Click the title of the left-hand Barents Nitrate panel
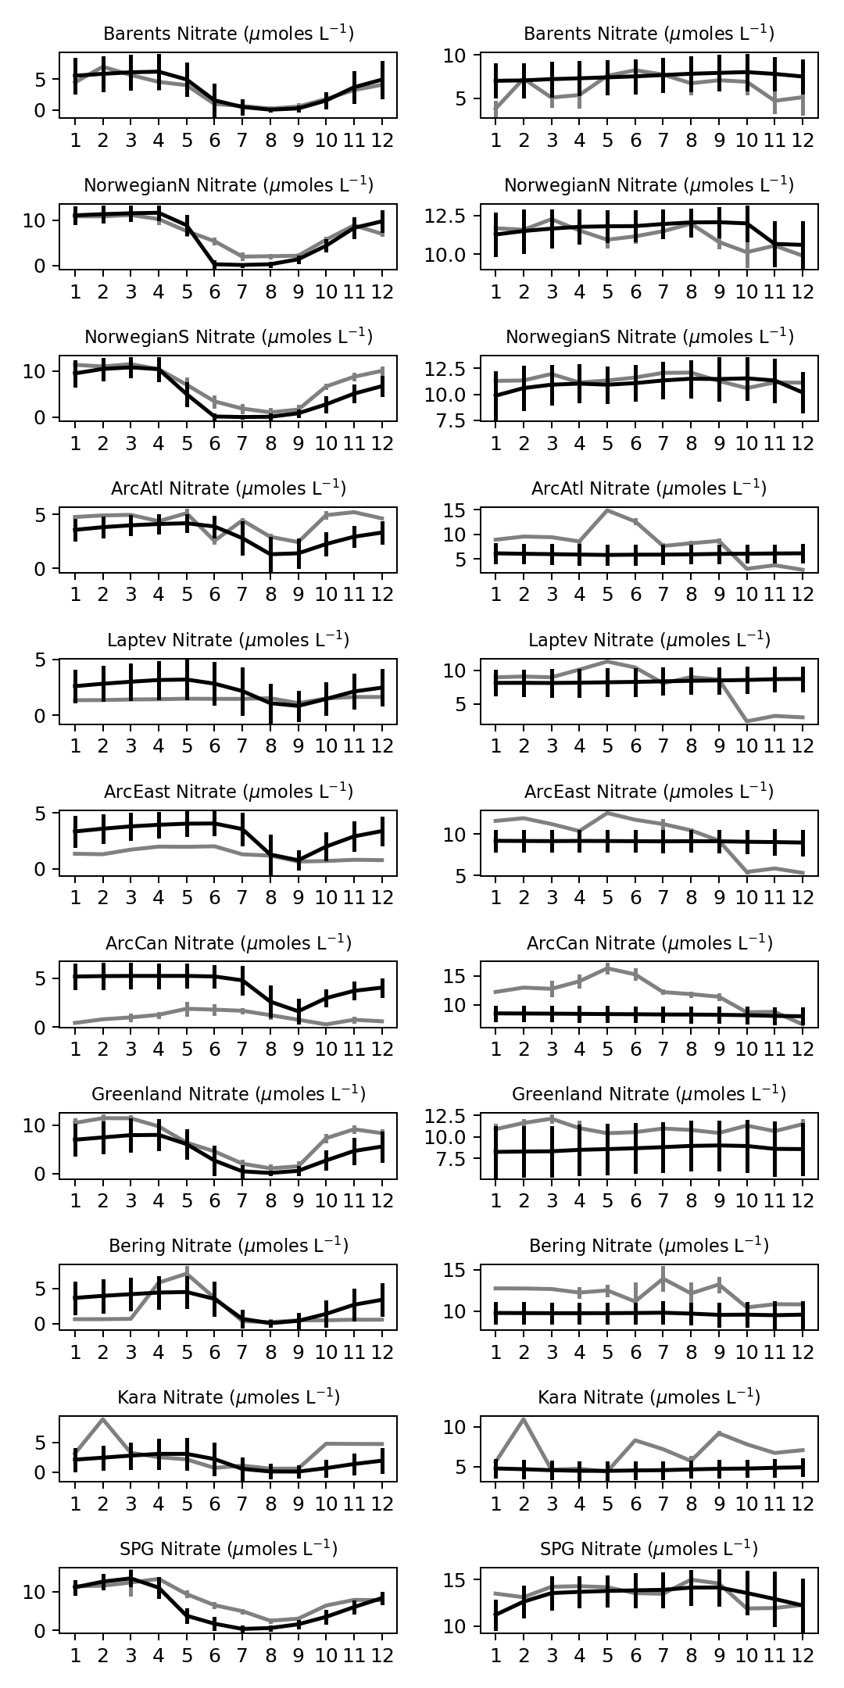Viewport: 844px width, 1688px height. tap(228, 34)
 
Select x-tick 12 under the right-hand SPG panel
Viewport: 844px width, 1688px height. tap(803, 1656)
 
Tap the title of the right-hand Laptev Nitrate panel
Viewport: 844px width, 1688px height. tap(649, 640)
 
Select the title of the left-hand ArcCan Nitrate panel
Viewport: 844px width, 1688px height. tap(228, 943)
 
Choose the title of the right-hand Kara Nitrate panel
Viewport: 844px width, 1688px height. tap(649, 1397)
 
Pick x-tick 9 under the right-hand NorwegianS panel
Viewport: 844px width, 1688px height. tap(719, 443)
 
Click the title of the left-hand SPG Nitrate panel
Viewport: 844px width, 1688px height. tap(228, 1549)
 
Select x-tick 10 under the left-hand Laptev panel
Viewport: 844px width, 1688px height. tap(326, 746)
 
